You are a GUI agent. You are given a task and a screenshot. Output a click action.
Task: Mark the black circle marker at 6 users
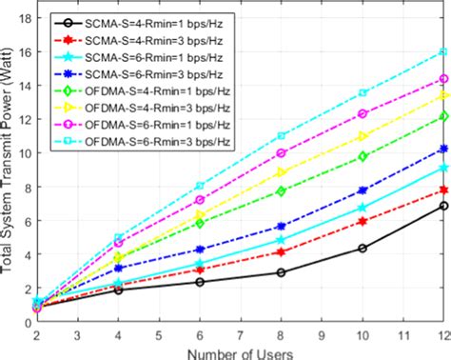pyautogui.click(x=200, y=282)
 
